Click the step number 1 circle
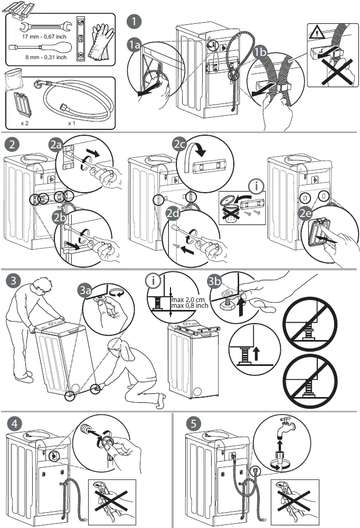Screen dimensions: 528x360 [135, 22]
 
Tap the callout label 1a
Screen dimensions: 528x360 [135, 46]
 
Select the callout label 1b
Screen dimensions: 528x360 [259, 53]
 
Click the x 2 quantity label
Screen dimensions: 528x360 [24, 122]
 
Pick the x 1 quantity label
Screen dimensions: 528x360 [71, 122]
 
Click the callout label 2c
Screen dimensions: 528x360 [180, 144]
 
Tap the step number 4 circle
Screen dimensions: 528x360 [16, 423]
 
